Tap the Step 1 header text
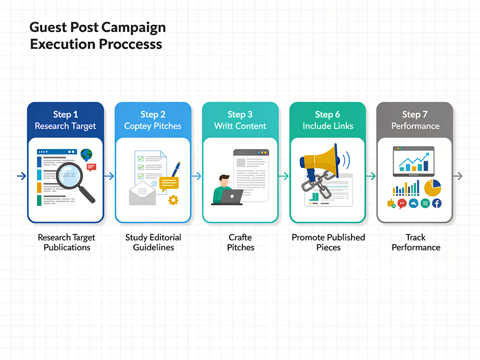66,114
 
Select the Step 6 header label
328,114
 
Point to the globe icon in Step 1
86,154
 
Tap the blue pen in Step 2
176,169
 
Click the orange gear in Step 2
173,200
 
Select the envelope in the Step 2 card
142,194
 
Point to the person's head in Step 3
225,180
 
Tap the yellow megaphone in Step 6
323,159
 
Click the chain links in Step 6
313,181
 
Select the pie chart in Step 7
432,187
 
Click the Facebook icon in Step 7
436,203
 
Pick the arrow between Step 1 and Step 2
109,176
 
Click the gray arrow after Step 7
459,176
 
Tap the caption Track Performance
416,242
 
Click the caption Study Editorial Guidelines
153,242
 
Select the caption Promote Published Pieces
328,242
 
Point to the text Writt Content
240,126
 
